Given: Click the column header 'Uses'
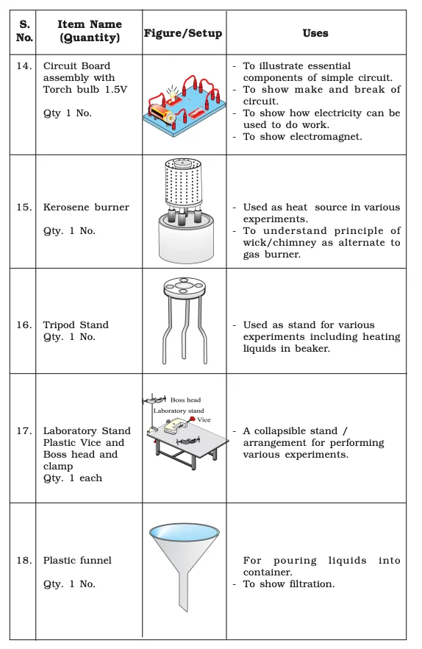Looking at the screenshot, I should pos(315,33).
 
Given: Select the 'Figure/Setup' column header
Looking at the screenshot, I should pos(183,33).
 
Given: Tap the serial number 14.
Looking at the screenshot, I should pos(24,66).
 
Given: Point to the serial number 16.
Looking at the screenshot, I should pos(24,324).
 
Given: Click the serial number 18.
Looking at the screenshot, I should pos(24,560).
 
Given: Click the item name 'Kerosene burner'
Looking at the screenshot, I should pos(85,208).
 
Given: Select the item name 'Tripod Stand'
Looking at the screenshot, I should pos(76,324).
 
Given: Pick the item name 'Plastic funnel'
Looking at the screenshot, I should pos(77,560).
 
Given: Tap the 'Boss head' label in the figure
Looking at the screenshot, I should pos(185,400).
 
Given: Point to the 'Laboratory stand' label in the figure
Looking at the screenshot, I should pos(179,411).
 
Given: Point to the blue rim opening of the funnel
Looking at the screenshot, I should pos(184,531).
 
